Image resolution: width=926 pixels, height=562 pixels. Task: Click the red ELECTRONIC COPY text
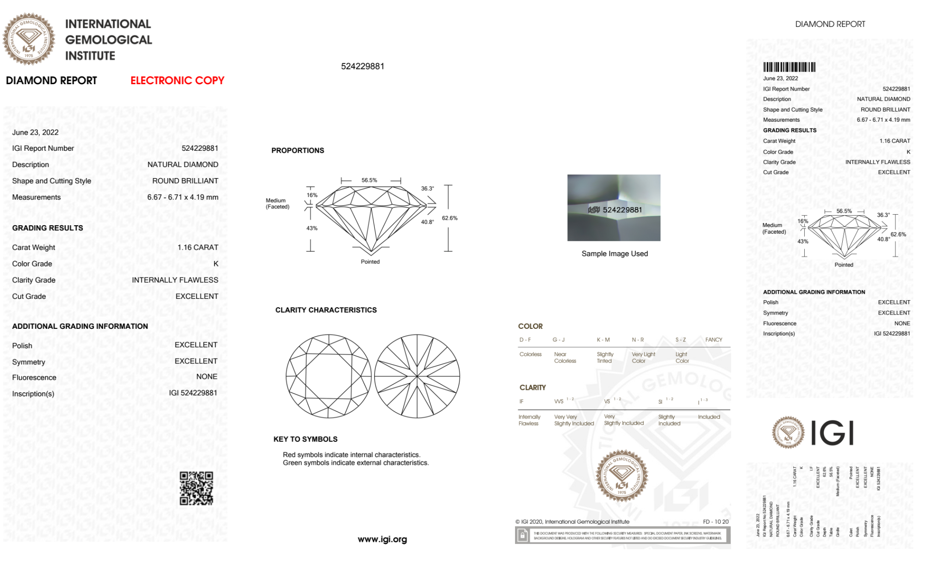click(177, 80)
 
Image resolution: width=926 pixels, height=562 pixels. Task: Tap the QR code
click(196, 488)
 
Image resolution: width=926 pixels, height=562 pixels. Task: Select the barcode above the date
click(789, 67)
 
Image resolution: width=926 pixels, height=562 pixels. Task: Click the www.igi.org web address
click(382, 539)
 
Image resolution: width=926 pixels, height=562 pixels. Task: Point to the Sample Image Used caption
click(615, 253)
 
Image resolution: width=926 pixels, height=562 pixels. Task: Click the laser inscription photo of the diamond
click(614, 208)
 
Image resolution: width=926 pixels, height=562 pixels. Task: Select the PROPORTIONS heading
click(298, 150)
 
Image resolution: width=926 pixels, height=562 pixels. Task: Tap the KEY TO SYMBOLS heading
click(305, 439)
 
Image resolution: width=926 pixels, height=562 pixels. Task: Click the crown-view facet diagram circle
click(329, 376)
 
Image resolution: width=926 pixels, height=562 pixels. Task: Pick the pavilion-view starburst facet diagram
click(417, 376)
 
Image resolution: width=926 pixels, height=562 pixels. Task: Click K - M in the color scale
click(603, 340)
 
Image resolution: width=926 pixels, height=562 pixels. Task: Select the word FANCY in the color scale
click(714, 340)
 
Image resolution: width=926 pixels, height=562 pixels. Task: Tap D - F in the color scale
click(525, 340)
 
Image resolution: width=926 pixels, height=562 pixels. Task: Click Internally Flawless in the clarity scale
click(529, 420)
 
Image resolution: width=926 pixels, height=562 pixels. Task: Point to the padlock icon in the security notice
click(522, 536)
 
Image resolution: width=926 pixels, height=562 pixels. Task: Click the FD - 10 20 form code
click(715, 522)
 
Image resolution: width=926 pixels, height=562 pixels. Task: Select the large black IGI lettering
click(833, 433)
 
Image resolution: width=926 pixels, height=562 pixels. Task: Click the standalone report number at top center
click(362, 66)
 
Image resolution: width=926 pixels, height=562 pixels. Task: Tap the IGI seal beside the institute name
click(29, 39)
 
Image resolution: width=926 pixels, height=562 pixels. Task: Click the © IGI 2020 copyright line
click(572, 522)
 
